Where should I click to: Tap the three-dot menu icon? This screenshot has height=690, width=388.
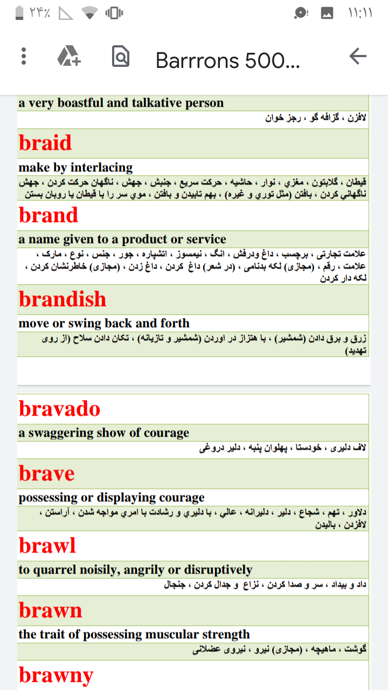[x=24, y=57]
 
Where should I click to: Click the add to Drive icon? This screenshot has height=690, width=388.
[x=69, y=56]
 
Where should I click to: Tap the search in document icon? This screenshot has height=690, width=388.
[x=120, y=57]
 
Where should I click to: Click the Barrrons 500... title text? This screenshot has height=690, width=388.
[x=227, y=60]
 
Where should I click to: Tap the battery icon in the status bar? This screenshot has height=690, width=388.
[x=19, y=13]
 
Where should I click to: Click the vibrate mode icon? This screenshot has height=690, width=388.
[x=114, y=13]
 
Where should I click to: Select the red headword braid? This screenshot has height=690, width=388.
[x=45, y=143]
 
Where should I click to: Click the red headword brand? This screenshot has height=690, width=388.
[x=48, y=215]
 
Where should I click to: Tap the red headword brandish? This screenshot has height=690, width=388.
[x=63, y=299]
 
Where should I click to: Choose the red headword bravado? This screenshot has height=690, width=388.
[x=60, y=409]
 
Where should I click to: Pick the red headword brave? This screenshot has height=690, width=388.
[x=47, y=474]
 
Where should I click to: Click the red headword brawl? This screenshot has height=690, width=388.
[x=47, y=546]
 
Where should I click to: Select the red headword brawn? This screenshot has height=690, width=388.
[x=51, y=611]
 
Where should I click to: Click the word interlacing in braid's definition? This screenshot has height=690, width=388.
[x=102, y=168]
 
